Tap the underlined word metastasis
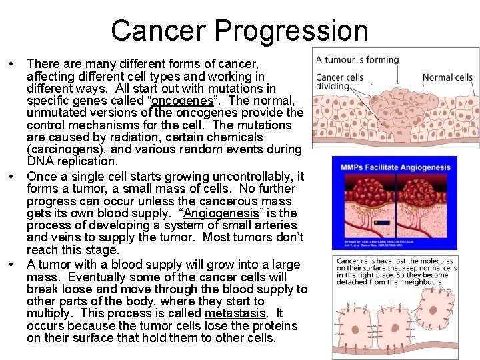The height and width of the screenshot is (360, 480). pyautogui.click(x=236, y=313)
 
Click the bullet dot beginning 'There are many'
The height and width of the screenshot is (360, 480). pyautogui.click(x=12, y=64)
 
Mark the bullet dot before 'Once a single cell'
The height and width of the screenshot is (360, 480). pyautogui.click(x=12, y=177)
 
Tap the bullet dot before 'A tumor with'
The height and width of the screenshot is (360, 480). pyautogui.click(x=12, y=265)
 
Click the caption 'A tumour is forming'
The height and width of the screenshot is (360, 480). pyautogui.click(x=357, y=59)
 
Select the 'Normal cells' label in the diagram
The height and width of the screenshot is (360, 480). pyautogui.click(x=447, y=77)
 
